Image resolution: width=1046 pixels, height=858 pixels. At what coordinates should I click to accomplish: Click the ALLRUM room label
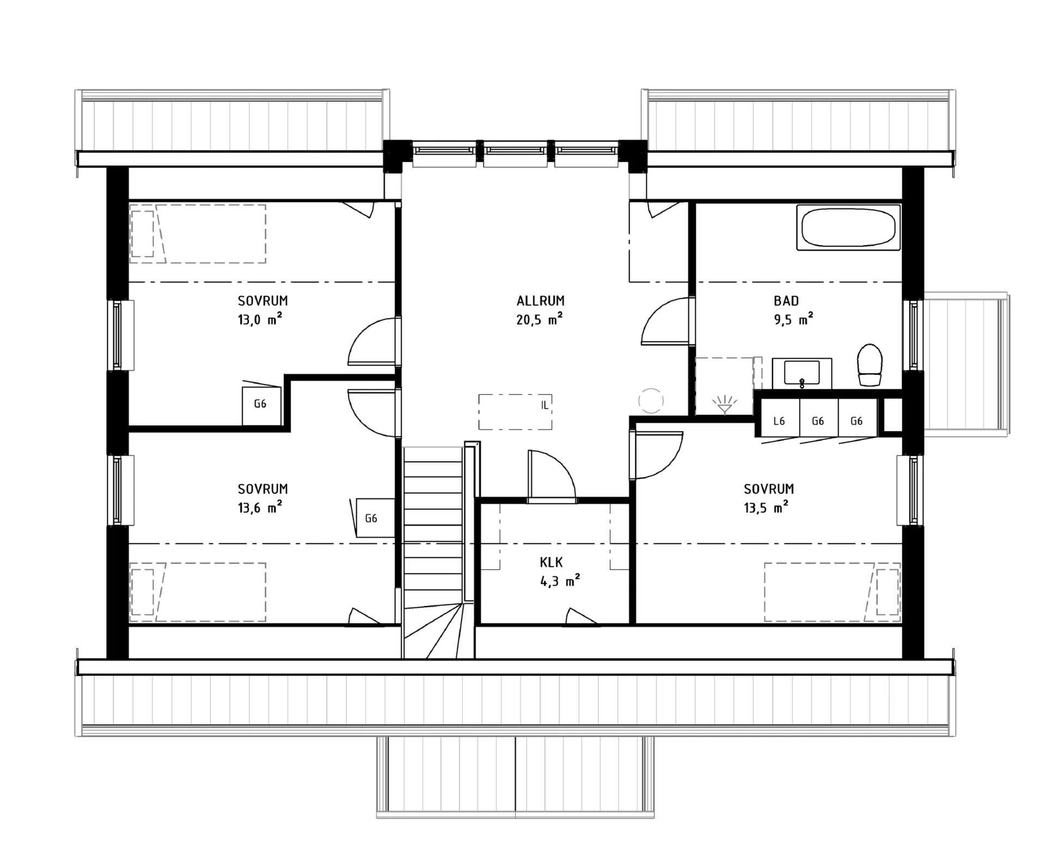click(x=540, y=301)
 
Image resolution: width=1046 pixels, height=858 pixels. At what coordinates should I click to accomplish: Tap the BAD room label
click(x=786, y=301)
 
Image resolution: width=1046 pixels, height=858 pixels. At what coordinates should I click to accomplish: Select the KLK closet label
click(x=551, y=562)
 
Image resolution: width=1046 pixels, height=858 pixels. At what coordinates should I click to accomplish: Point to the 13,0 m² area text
click(x=260, y=319)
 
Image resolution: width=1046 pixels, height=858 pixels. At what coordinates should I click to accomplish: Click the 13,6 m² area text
click(x=260, y=508)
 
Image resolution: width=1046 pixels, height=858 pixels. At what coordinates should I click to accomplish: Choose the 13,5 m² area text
click(x=766, y=508)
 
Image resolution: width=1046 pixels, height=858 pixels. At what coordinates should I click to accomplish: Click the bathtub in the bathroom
click(x=848, y=228)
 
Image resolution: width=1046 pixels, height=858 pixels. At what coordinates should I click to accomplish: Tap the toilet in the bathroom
click(x=869, y=365)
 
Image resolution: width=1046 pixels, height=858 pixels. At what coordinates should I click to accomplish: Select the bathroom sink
click(x=802, y=373)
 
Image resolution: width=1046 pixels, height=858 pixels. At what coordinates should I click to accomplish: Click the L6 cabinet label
click(x=779, y=421)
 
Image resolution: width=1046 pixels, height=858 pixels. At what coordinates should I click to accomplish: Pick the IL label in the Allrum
click(x=545, y=405)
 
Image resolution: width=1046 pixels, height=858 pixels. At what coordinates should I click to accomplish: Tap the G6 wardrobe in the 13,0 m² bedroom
click(x=261, y=405)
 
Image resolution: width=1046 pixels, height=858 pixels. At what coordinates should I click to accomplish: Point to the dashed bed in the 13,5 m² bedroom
click(x=832, y=592)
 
